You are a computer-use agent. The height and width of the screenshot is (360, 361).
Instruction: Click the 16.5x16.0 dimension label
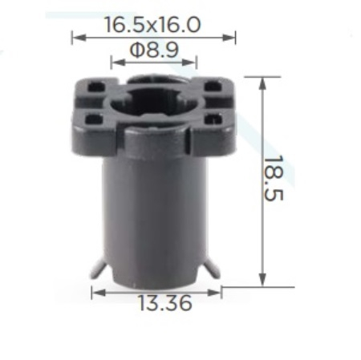152,25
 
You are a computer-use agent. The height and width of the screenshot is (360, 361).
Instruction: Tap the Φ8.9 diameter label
154,50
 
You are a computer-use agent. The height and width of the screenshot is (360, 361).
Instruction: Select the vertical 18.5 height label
273,178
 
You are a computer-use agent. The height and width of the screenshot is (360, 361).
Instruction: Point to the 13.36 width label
165,303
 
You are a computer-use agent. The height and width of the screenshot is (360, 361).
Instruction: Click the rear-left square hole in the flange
96,87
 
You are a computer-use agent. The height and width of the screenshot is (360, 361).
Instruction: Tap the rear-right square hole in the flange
213,87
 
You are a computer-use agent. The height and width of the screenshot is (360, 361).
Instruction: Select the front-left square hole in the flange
94,119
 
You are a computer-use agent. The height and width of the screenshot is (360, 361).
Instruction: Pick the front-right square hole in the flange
213,119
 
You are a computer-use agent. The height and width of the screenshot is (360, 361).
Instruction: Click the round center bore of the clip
153,103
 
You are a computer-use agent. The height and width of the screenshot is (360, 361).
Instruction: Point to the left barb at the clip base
98,269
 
